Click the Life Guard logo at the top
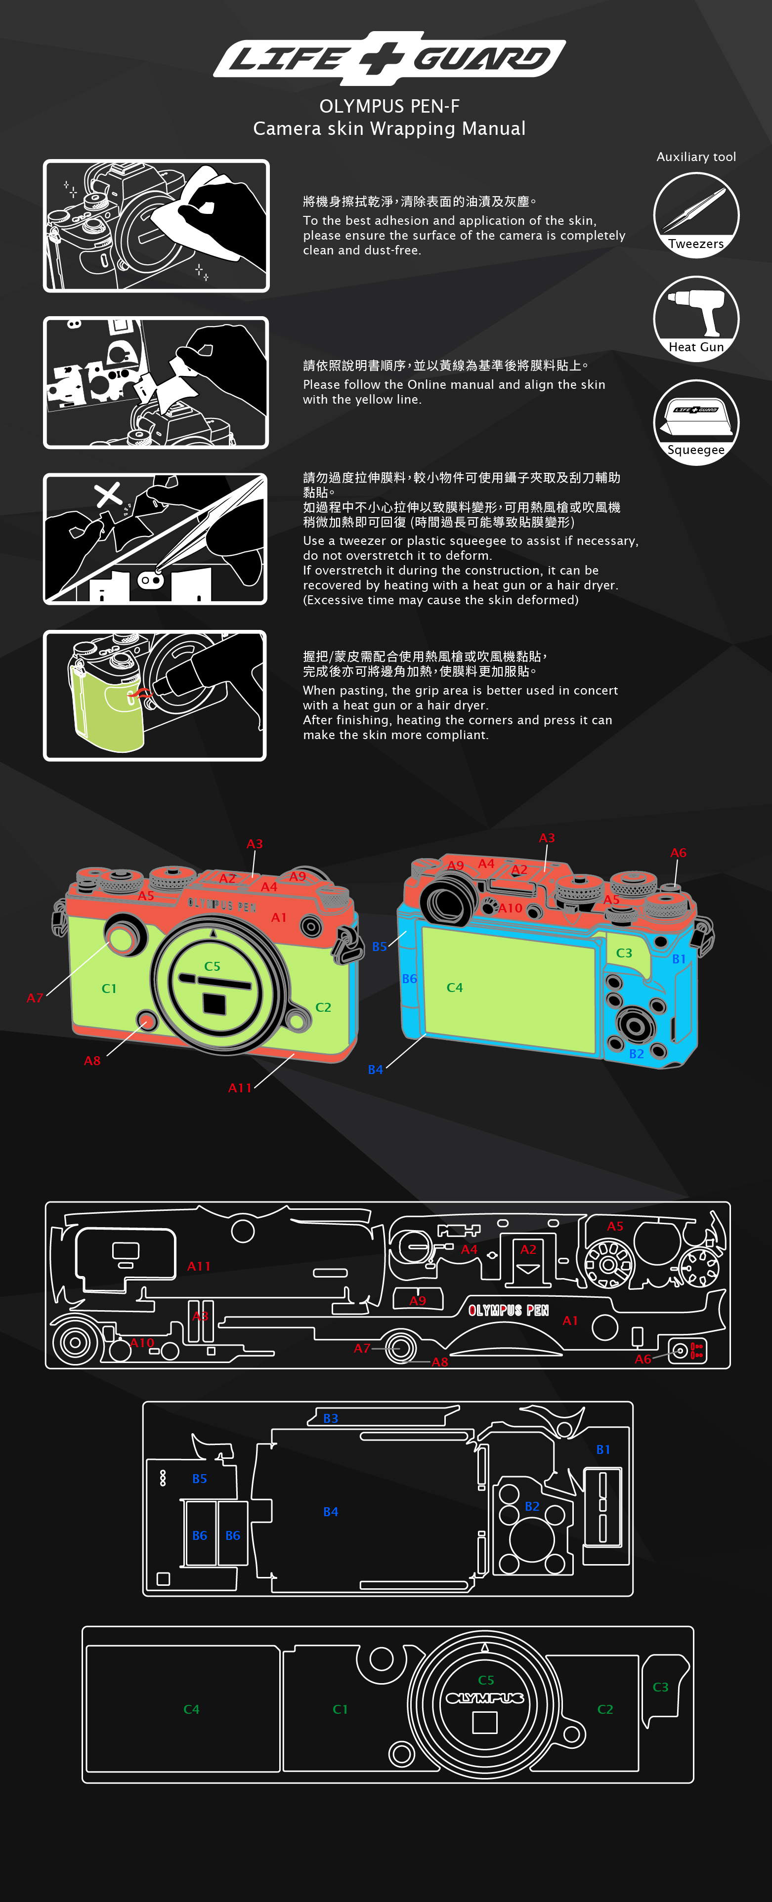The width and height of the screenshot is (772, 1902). pos(389,58)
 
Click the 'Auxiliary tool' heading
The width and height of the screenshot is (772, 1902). pos(696,157)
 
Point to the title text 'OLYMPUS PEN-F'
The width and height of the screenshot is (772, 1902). pos(389,106)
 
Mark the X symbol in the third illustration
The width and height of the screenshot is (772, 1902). pos(109,494)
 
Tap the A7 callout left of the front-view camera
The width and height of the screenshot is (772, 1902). pos(35,997)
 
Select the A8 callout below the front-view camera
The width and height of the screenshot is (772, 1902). pos(91,1060)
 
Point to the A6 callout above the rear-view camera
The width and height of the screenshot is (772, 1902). pos(678,853)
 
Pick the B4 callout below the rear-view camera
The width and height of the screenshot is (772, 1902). pos(375,1069)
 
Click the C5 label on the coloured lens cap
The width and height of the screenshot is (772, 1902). pos(212,966)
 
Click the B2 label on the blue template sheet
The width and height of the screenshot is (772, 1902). pos(532,1505)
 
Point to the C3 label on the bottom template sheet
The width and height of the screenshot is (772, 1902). pos(660,1687)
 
